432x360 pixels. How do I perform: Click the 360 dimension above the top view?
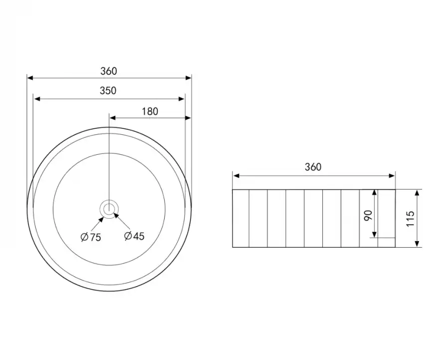[109, 71]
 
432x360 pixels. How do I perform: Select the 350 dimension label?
[108, 90]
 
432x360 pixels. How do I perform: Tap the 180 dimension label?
[150, 111]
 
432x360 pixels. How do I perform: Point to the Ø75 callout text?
[91, 237]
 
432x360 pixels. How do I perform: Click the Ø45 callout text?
[134, 236]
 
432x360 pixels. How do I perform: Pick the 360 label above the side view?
[313, 167]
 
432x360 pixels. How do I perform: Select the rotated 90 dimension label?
[368, 215]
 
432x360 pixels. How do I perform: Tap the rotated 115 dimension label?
[410, 219]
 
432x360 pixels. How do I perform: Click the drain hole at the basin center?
[109, 208]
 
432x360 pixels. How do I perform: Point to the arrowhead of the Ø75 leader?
[101, 219]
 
